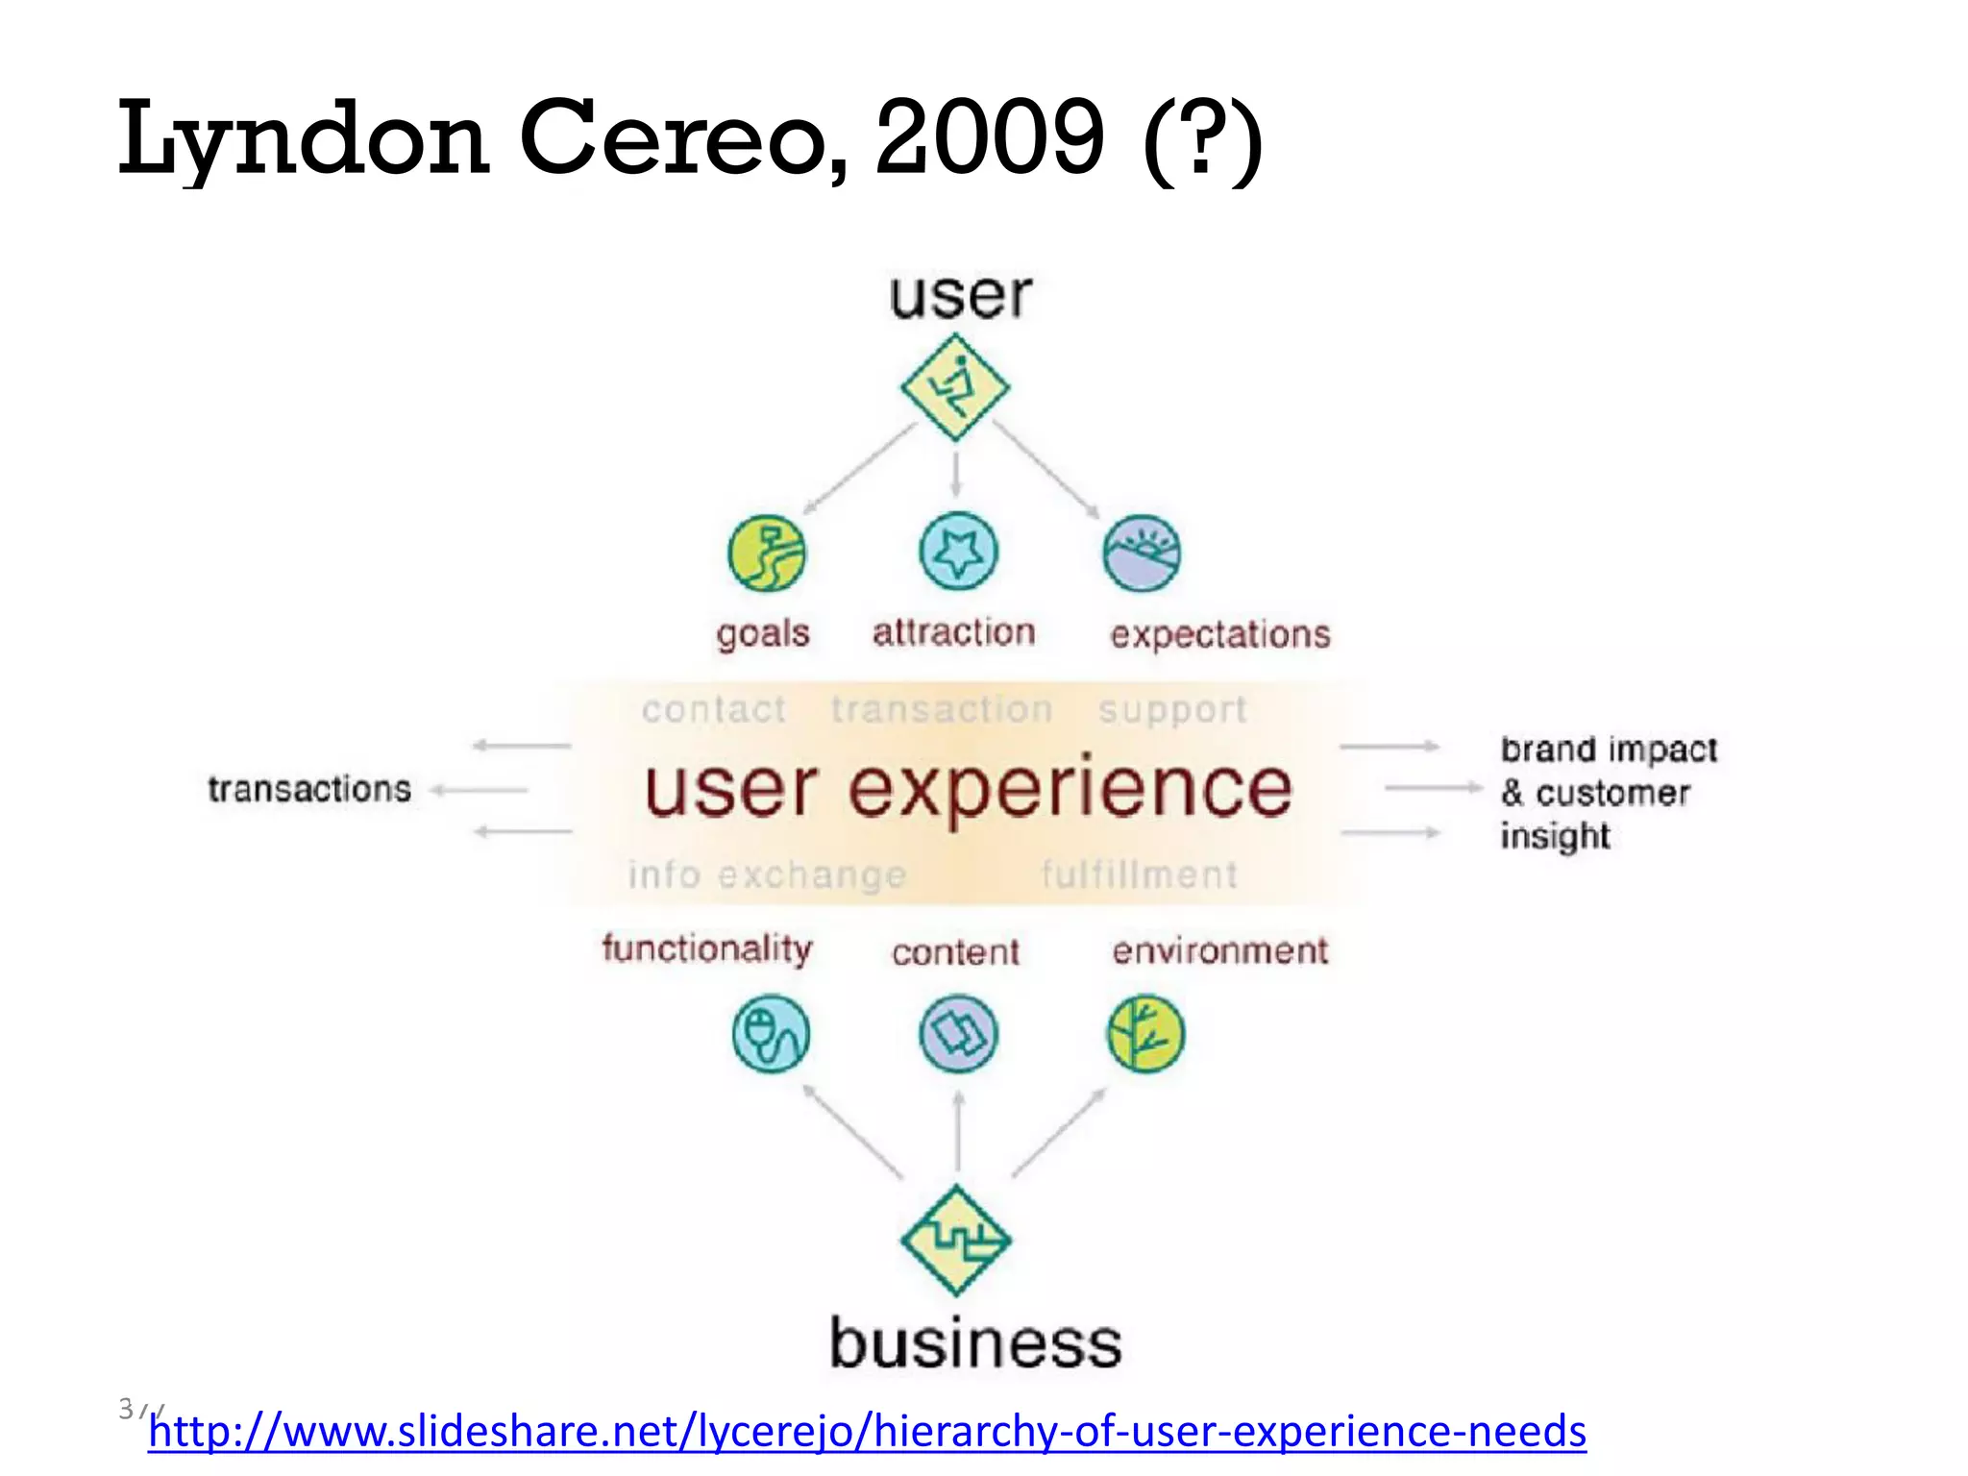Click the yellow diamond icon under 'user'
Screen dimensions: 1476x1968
tap(955, 387)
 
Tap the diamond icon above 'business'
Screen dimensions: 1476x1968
tap(956, 1240)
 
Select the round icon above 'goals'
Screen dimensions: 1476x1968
tap(766, 553)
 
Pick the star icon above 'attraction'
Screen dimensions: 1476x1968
tap(958, 552)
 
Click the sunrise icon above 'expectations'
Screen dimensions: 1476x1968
tap(1142, 553)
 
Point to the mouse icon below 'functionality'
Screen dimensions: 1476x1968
tap(771, 1034)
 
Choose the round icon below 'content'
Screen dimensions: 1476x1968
tap(958, 1034)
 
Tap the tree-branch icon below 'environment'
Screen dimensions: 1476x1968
tap(1145, 1034)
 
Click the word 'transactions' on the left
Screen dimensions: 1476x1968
tap(309, 789)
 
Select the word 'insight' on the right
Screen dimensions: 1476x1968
tap(1555, 836)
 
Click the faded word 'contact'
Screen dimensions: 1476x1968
tap(714, 710)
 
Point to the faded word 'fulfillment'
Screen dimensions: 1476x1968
tap(1139, 874)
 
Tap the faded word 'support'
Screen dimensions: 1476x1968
tap(1172, 710)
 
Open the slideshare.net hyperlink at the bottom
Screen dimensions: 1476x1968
tap(867, 1431)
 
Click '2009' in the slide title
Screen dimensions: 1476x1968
tap(990, 139)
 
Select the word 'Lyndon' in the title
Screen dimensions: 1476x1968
tap(304, 139)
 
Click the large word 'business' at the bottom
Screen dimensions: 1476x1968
tap(975, 1343)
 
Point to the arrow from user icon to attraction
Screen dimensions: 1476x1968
tap(956, 475)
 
